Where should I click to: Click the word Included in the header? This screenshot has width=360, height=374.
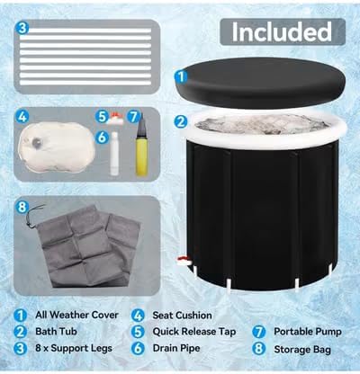click(x=282, y=32)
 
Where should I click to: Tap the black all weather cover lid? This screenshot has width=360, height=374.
click(x=260, y=83)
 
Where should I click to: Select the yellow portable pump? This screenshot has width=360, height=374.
click(x=141, y=147)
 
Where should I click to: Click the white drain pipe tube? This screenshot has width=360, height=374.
click(x=114, y=154)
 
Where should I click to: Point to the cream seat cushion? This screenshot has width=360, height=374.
click(x=57, y=147)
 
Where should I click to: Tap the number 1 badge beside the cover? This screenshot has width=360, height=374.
click(x=181, y=76)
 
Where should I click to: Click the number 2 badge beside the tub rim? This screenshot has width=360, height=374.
click(x=181, y=121)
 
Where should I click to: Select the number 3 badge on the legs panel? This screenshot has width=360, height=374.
click(x=22, y=29)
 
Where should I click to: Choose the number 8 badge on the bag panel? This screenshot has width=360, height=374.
click(x=22, y=207)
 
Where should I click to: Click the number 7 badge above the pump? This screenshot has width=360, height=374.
click(x=133, y=116)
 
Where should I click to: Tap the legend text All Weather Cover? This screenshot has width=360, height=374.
click(x=76, y=315)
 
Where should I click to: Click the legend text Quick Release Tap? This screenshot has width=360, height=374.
click(x=194, y=332)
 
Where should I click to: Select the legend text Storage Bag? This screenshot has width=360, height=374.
click(x=302, y=350)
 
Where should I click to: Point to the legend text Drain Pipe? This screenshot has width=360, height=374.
click(x=176, y=348)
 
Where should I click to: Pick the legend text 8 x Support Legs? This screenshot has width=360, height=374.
click(x=74, y=348)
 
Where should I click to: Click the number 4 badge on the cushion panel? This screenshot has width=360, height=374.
click(x=22, y=116)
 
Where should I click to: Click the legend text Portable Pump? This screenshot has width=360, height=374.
click(x=308, y=332)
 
